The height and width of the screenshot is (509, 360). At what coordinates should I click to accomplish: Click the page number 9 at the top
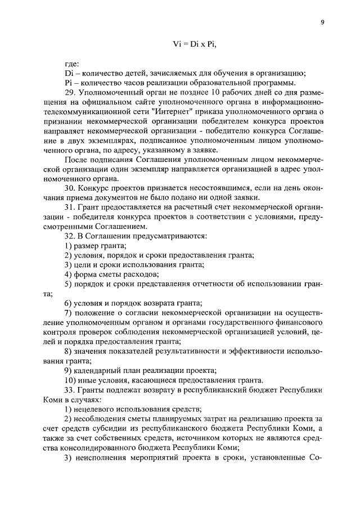pyautogui.click(x=322, y=22)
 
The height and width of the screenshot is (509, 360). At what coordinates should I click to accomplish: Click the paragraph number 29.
pyautogui.click(x=69, y=92)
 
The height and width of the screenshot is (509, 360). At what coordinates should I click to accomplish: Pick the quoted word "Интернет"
pyautogui.click(x=177, y=111)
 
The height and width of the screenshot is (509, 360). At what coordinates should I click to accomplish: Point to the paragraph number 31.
pyautogui.click(x=69, y=207)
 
